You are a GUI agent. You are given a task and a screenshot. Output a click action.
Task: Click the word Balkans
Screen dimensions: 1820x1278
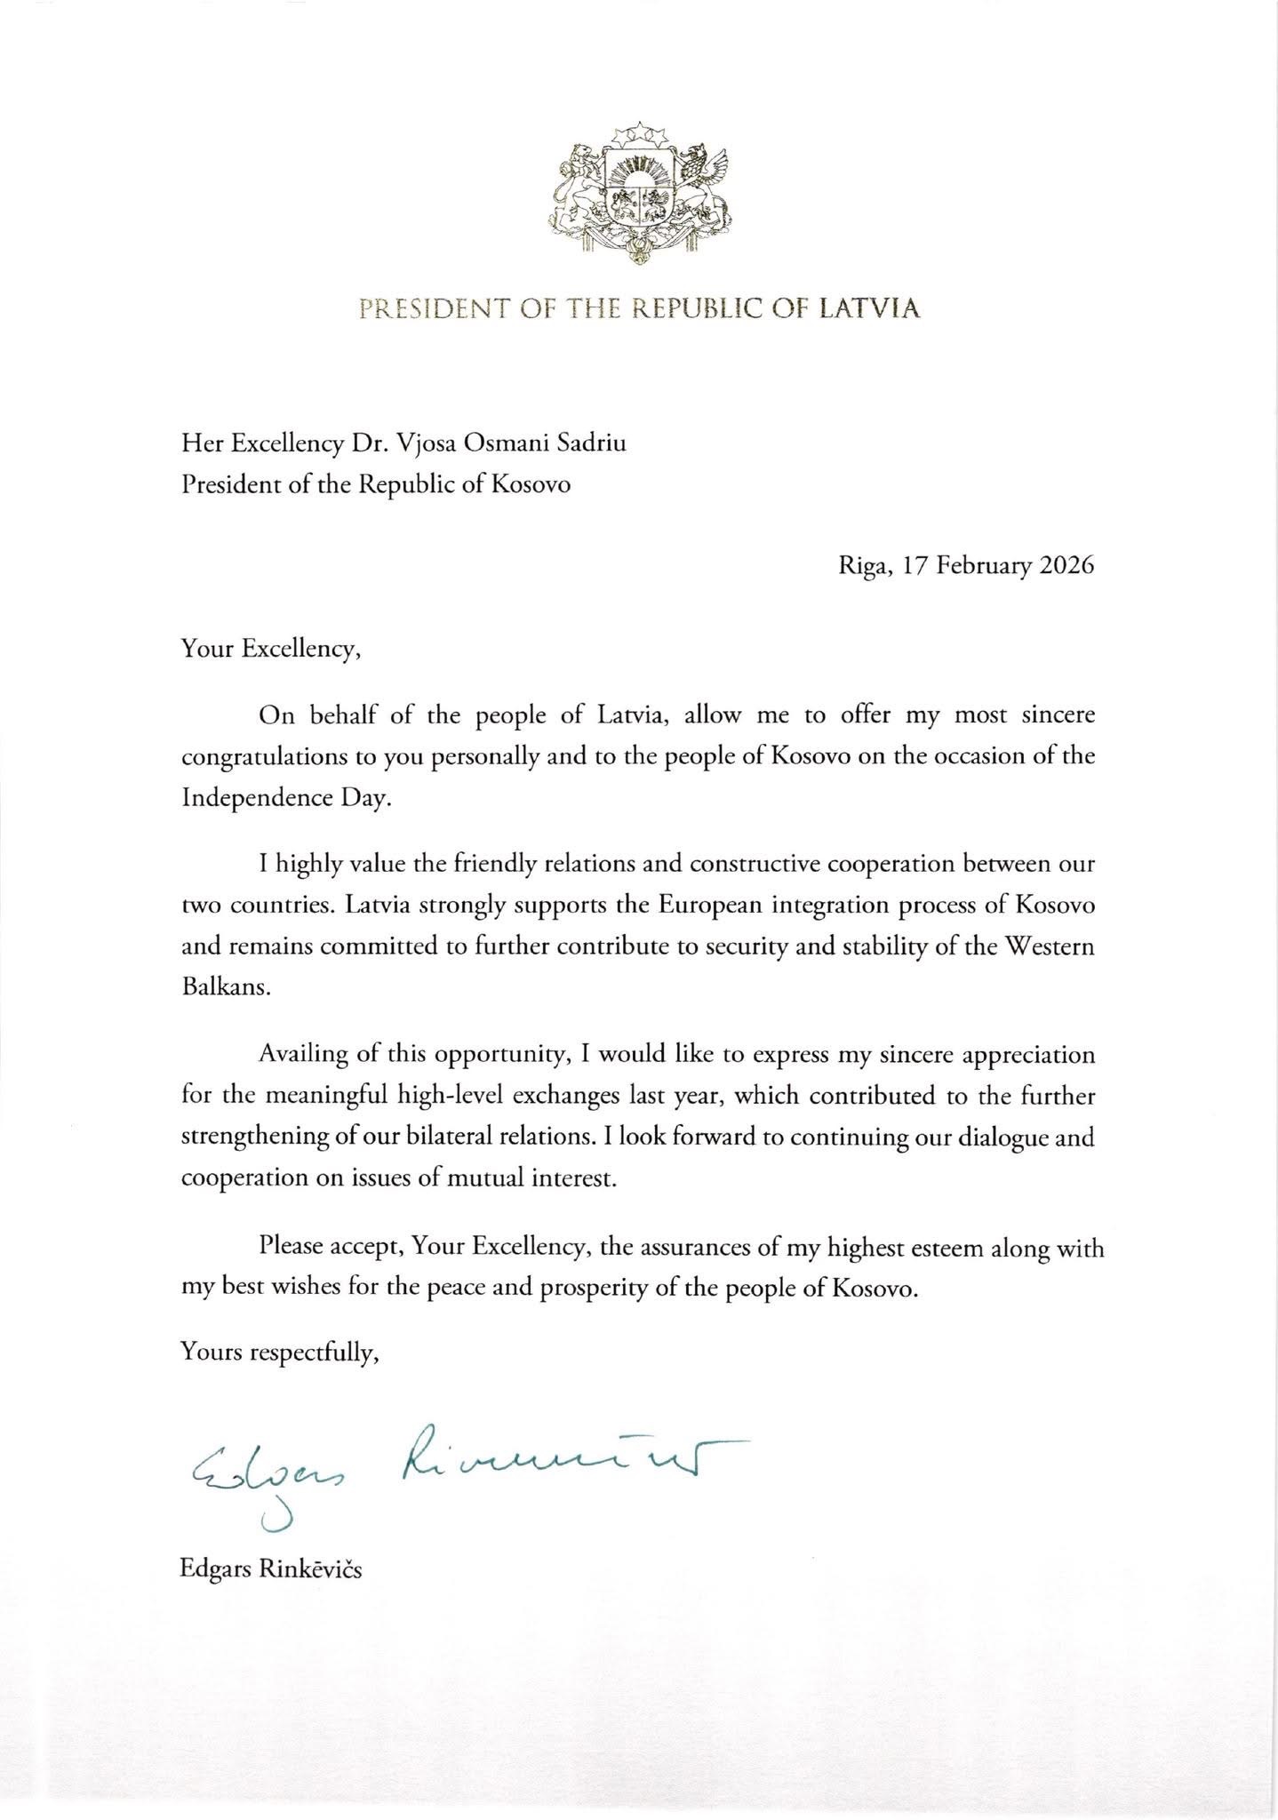click(x=223, y=989)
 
